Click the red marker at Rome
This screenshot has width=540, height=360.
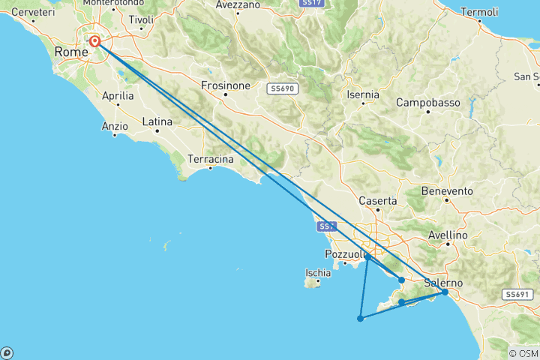(x=95, y=42)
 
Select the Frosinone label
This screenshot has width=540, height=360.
(x=225, y=85)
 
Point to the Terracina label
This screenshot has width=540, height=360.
(x=211, y=160)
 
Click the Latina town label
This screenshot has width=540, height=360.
(x=157, y=121)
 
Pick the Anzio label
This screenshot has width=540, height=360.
(x=115, y=126)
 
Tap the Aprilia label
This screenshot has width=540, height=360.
(x=118, y=96)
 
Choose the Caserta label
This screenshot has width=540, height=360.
(x=378, y=201)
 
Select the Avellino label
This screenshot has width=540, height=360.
(x=448, y=235)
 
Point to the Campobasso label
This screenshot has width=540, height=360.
(x=427, y=102)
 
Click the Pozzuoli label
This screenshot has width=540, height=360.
(x=344, y=253)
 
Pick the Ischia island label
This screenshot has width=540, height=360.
(x=318, y=272)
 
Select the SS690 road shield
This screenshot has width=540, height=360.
(x=283, y=88)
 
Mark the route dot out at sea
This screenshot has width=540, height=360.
(x=361, y=318)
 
